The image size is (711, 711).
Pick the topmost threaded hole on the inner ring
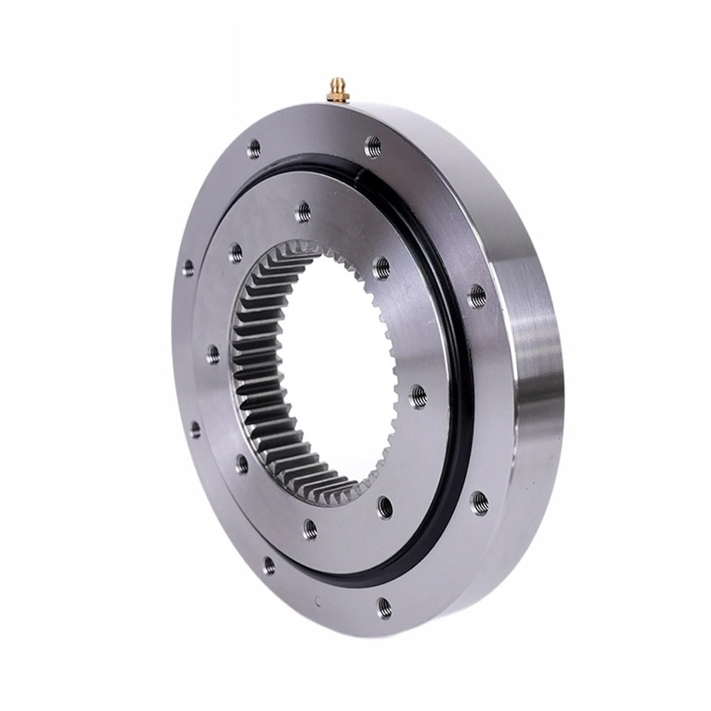tap(304, 208)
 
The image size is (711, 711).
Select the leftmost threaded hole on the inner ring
tap(214, 354)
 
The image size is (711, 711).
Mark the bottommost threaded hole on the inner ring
tap(311, 527)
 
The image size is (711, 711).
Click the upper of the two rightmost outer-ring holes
tap(477, 293)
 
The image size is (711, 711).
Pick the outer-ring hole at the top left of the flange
tap(254, 146)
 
